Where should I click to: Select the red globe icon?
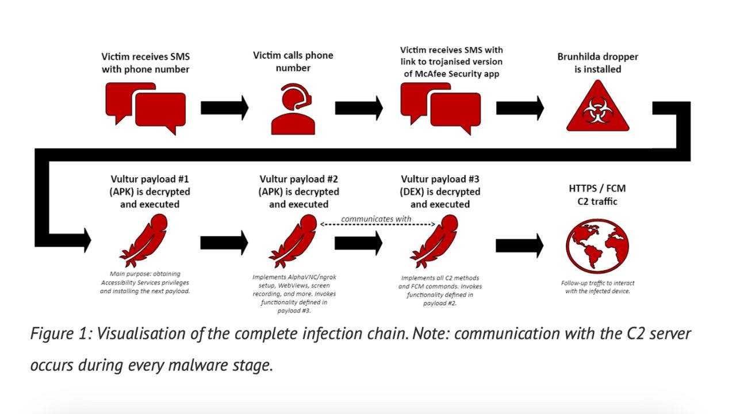coord(597,244)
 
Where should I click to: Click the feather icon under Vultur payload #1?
coord(144,241)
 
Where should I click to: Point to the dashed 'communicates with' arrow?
coord(377,225)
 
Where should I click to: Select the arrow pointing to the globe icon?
coord(519,246)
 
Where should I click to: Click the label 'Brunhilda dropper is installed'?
coord(597,63)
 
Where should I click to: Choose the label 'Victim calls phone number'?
coord(293,62)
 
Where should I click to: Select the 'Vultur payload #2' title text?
coord(298,179)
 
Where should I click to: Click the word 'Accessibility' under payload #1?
coord(122,283)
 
